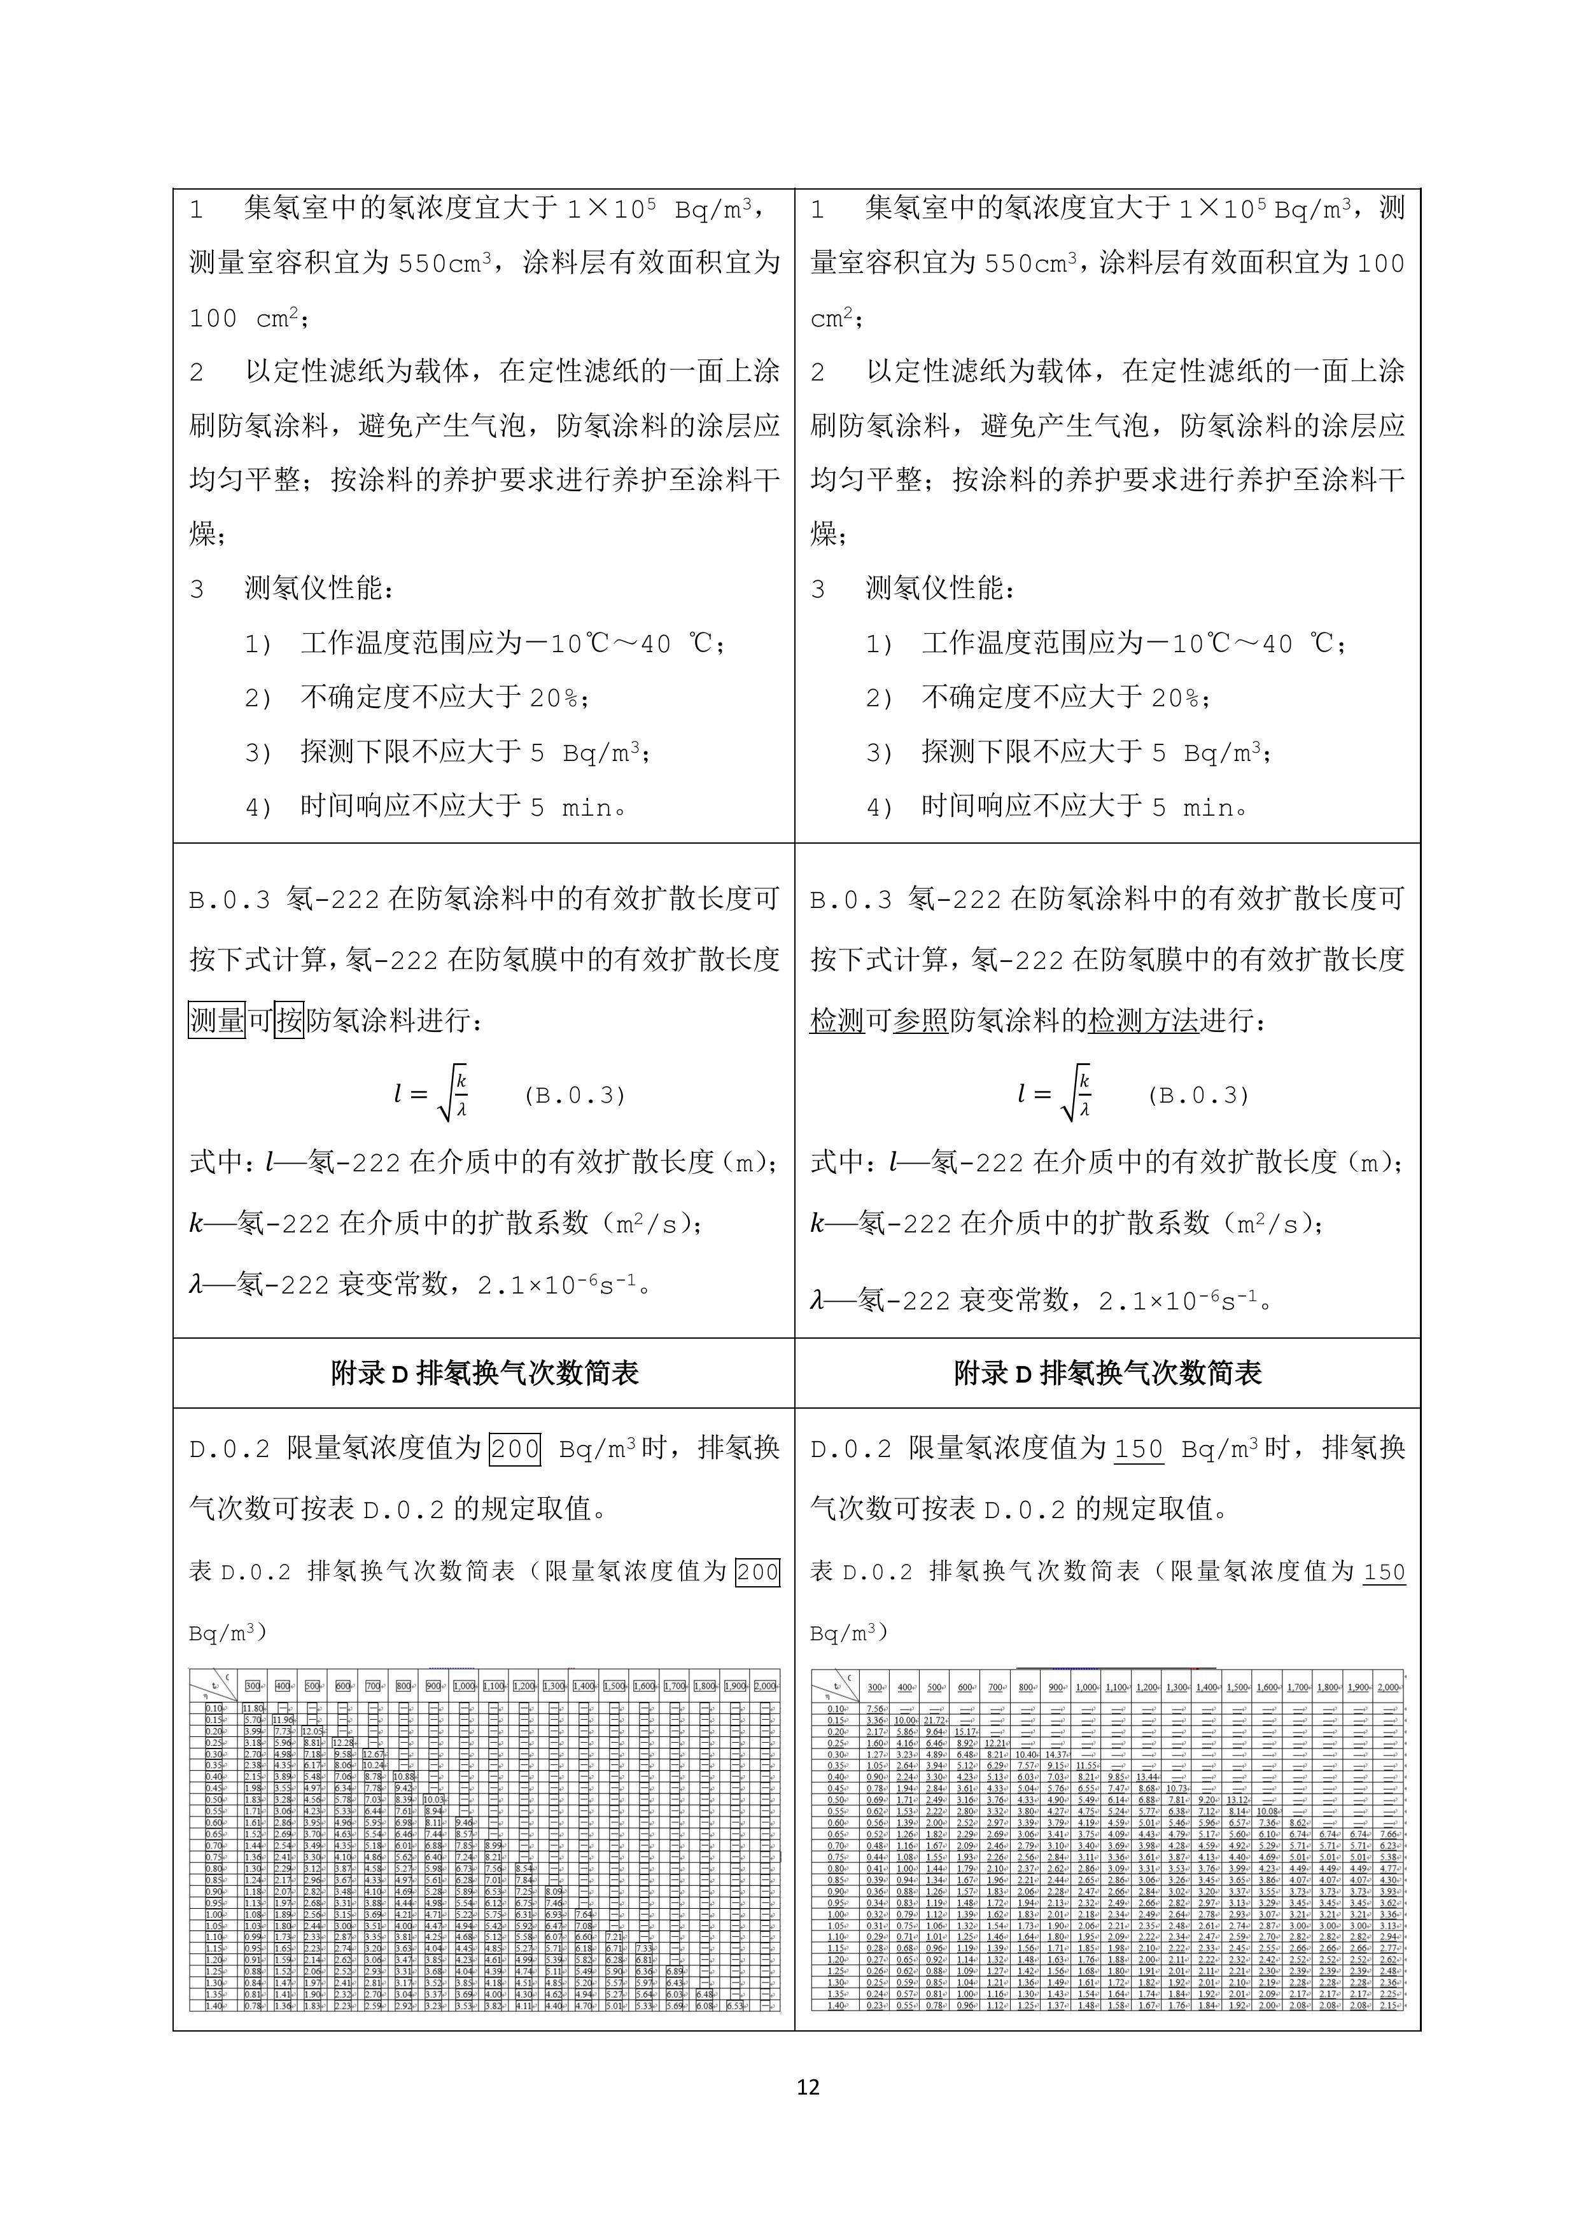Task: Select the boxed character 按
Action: point(289,1020)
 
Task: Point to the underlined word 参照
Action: point(920,1020)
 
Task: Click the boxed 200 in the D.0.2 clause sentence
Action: point(514,1449)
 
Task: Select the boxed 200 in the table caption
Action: point(757,1572)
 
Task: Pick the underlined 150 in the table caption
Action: point(1384,1572)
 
